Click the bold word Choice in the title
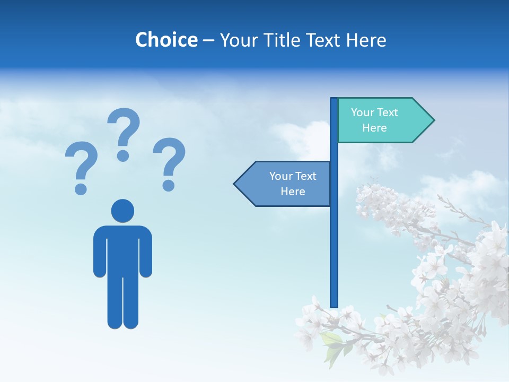(x=166, y=40)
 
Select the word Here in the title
(x=366, y=40)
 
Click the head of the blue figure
(x=122, y=211)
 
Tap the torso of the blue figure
(x=122, y=249)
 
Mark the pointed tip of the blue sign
(x=235, y=184)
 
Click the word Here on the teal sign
(x=374, y=128)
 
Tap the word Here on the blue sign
(x=293, y=192)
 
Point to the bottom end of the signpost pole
(x=334, y=305)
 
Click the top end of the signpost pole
(x=334, y=100)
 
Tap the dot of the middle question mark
(x=123, y=155)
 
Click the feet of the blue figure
(x=122, y=324)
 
